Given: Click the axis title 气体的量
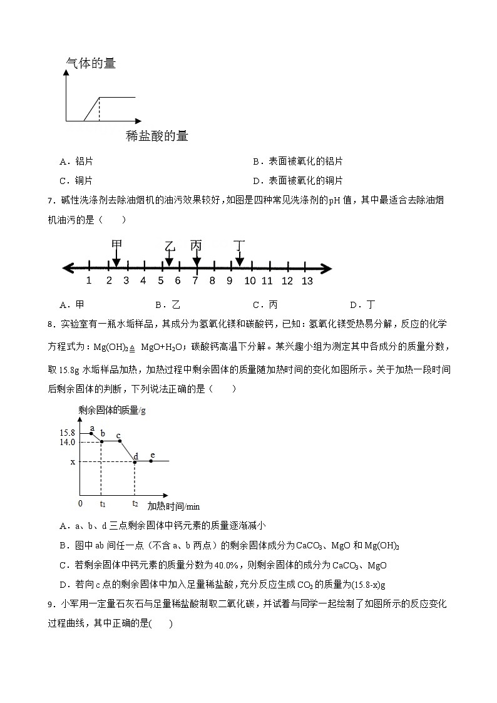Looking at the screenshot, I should pyautogui.click(x=91, y=63).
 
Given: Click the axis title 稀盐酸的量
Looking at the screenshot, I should pyautogui.click(x=156, y=136).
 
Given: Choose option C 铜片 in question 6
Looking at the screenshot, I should pyautogui.click(x=76, y=181).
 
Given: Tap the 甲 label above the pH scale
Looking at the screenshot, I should pyautogui.click(x=116, y=244).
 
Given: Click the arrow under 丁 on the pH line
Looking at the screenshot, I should pyautogui.click(x=239, y=258).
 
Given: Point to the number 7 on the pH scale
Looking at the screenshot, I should pyautogui.click(x=195, y=281).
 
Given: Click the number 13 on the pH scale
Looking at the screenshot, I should pyautogui.click(x=307, y=281).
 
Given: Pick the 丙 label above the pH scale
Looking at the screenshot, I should pyautogui.click(x=197, y=245).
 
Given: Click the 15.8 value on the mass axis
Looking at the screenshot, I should pyautogui.click(x=68, y=433).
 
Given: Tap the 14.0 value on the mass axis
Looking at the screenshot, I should pyautogui.click(x=68, y=442).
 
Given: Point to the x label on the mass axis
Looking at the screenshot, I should pyautogui.click(x=73, y=462).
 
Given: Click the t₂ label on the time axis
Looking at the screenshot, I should pyautogui.click(x=135, y=503).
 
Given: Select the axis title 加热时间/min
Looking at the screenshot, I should pyautogui.click(x=173, y=506).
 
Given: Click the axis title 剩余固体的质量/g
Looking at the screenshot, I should pyautogui.click(x=112, y=411).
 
